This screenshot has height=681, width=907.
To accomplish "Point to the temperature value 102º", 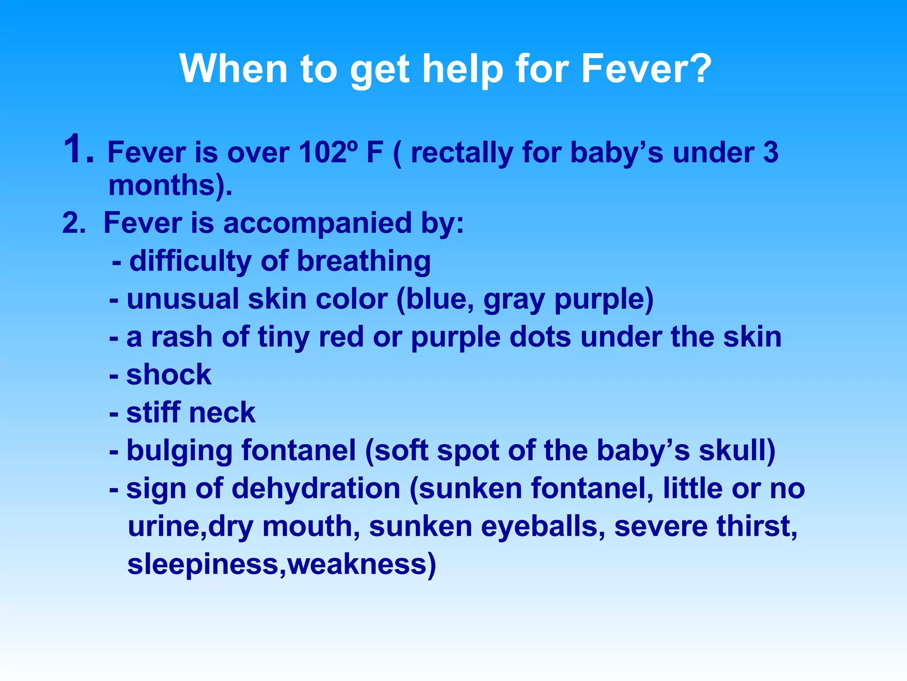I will pyautogui.click(x=327, y=153).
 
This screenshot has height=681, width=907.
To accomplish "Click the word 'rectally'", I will pyautogui.click(x=461, y=153).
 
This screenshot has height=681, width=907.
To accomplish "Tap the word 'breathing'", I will pyautogui.click(x=364, y=261).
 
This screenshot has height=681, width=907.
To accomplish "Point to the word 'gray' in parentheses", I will pyautogui.click(x=514, y=300).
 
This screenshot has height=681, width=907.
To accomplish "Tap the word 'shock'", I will pyautogui.click(x=169, y=375).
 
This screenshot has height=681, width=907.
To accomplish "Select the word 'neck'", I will pyautogui.click(x=222, y=413).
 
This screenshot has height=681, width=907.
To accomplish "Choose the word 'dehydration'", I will pyautogui.click(x=316, y=489).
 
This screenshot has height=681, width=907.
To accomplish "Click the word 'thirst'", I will pyautogui.click(x=756, y=527).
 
